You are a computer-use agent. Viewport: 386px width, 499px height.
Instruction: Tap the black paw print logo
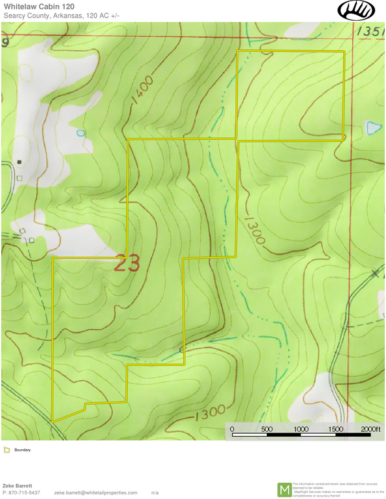[x=356, y=10]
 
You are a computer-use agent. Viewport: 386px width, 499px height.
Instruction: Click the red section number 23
[x=128, y=263]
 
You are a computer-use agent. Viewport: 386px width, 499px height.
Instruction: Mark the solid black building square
[x=19, y=161]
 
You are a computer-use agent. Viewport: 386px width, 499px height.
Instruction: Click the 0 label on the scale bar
[x=232, y=429]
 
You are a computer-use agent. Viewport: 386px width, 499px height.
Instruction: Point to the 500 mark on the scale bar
[x=266, y=429]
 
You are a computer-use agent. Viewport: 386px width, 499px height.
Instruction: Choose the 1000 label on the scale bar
[x=301, y=429]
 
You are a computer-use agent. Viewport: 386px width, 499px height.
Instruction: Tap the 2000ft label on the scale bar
[x=370, y=429]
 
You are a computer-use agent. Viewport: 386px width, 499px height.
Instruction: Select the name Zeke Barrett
[x=19, y=485]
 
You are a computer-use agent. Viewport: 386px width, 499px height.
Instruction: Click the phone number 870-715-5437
[x=25, y=493]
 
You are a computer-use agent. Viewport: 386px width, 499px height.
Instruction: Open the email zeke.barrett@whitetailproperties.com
[x=96, y=493]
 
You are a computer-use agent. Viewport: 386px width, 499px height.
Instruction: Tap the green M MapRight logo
[x=284, y=490]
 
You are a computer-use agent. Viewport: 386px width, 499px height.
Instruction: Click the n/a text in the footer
[x=155, y=493]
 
